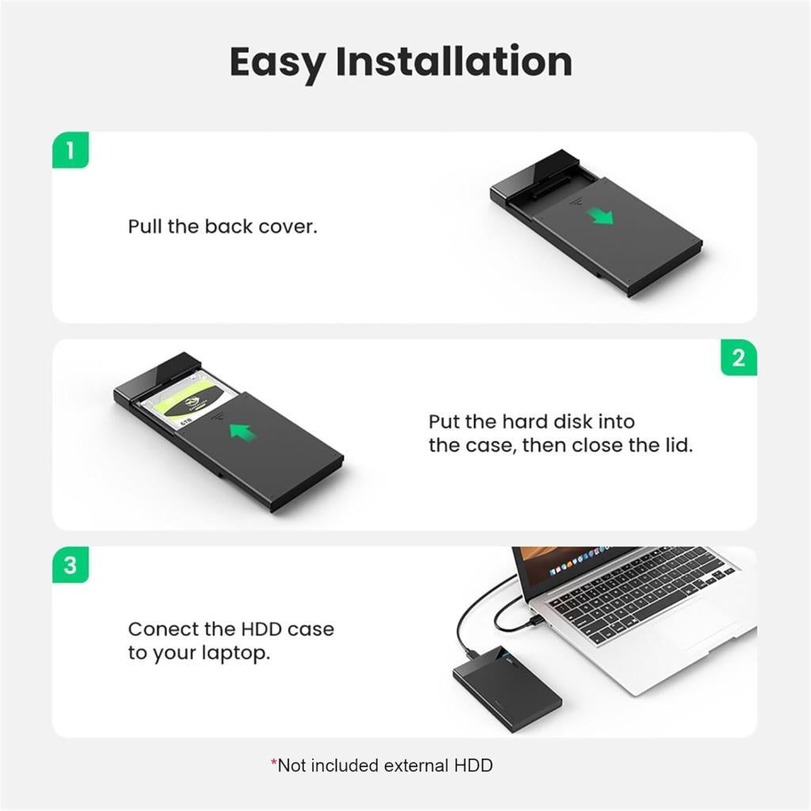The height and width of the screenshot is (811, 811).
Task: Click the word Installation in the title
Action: [453, 62]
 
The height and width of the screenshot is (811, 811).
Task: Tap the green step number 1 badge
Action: [70, 150]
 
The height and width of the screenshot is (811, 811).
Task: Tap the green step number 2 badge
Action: [738, 358]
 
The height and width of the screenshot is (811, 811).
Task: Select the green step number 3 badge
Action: [70, 565]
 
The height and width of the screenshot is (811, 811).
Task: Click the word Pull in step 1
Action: [145, 227]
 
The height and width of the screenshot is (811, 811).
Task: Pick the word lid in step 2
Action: [678, 445]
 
